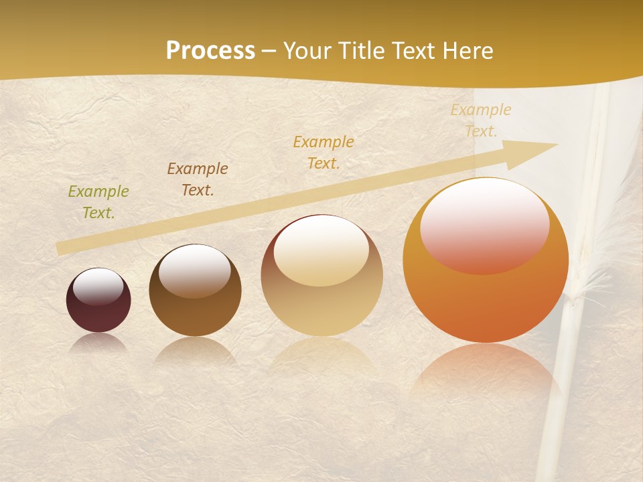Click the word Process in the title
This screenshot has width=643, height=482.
click(x=210, y=51)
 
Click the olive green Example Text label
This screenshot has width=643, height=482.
click(x=98, y=202)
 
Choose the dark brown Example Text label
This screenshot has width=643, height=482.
click(x=198, y=179)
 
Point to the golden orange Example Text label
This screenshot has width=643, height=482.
click(x=324, y=152)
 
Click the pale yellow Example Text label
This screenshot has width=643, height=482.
click(x=481, y=120)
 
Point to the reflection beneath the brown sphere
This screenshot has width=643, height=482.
click(x=195, y=351)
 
